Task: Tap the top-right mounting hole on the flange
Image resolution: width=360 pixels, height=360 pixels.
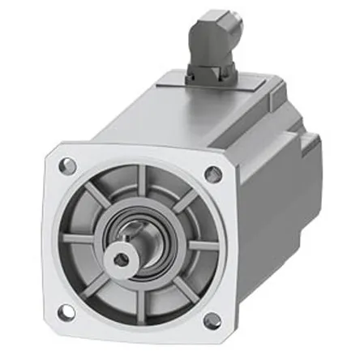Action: pyautogui.click(x=213, y=174)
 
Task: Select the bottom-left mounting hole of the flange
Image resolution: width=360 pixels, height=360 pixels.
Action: pyautogui.click(x=66, y=311)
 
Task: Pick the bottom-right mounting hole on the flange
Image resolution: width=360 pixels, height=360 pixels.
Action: pyautogui.click(x=212, y=320)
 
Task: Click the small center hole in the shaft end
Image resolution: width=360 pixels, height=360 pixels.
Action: pyautogui.click(x=120, y=259)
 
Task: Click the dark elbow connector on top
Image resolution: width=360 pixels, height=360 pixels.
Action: pyautogui.click(x=217, y=41)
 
